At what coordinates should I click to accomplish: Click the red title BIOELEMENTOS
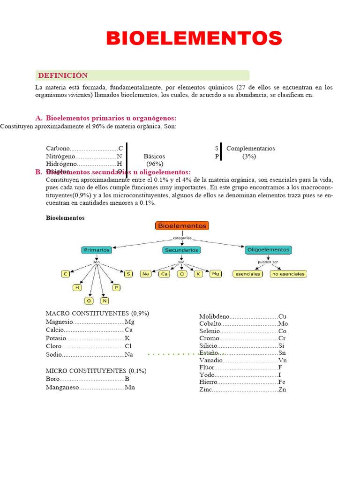194,38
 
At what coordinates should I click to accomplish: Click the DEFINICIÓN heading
63,75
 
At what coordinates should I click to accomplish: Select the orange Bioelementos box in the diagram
182,226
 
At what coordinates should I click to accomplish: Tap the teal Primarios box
97,250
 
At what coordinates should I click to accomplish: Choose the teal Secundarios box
181,250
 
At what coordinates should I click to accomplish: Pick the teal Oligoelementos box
268,250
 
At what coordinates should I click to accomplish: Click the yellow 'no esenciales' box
288,274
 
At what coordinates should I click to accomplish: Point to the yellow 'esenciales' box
247,274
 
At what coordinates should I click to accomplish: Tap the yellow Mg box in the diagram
215,274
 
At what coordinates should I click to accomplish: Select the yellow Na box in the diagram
146,274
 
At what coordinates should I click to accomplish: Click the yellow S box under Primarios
128,274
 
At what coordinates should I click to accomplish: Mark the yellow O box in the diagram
89,300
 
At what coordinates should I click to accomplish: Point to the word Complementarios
250,149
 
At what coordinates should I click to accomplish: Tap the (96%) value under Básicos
154,164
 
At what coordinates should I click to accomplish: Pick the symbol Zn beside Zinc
282,390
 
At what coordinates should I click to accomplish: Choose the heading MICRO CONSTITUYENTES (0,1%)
96,371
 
